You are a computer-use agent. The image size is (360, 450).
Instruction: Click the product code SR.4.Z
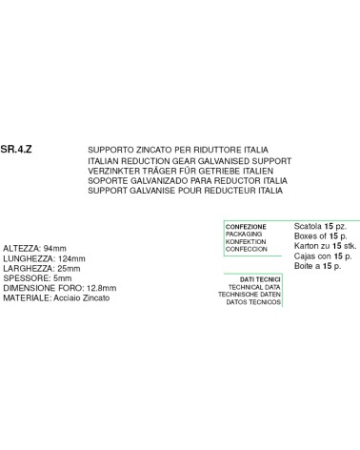(x=16, y=149)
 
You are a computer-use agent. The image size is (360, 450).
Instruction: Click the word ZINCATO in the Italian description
(x=153, y=150)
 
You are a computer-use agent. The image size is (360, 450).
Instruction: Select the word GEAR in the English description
(x=182, y=161)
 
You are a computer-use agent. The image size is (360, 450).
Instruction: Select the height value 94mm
(x=54, y=248)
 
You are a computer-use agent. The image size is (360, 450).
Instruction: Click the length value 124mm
(x=71, y=258)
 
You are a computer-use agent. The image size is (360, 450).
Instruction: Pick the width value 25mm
(x=69, y=269)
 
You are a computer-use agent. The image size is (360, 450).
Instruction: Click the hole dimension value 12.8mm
(x=102, y=288)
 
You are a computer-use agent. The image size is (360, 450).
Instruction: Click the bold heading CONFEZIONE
(x=246, y=227)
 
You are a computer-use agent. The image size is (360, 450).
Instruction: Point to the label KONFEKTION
(x=246, y=242)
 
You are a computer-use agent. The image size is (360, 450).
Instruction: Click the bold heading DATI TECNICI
(x=260, y=279)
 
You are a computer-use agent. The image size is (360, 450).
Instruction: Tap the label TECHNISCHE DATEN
(x=250, y=295)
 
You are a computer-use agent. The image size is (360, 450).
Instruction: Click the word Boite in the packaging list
(x=303, y=266)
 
